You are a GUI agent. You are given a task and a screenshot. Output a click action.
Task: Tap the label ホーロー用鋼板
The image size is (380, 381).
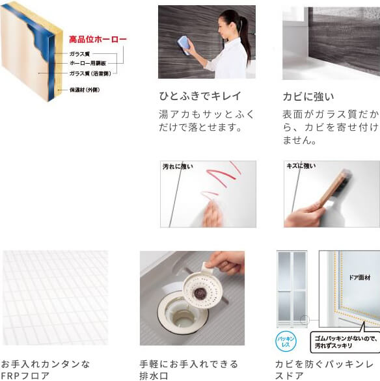pos(88,63)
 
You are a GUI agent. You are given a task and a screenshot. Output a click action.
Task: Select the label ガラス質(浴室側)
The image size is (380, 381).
pos(88,73)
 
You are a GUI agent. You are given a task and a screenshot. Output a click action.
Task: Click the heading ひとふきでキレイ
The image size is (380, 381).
pos(200,96)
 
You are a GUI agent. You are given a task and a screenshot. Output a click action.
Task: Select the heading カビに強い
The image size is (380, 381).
pos(308,96)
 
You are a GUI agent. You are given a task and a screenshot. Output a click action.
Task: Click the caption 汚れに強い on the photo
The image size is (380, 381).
pos(178,167)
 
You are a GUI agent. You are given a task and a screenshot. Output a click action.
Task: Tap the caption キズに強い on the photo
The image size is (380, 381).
pos(301,166)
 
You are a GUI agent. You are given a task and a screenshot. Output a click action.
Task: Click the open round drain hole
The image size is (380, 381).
pos(180,315)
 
